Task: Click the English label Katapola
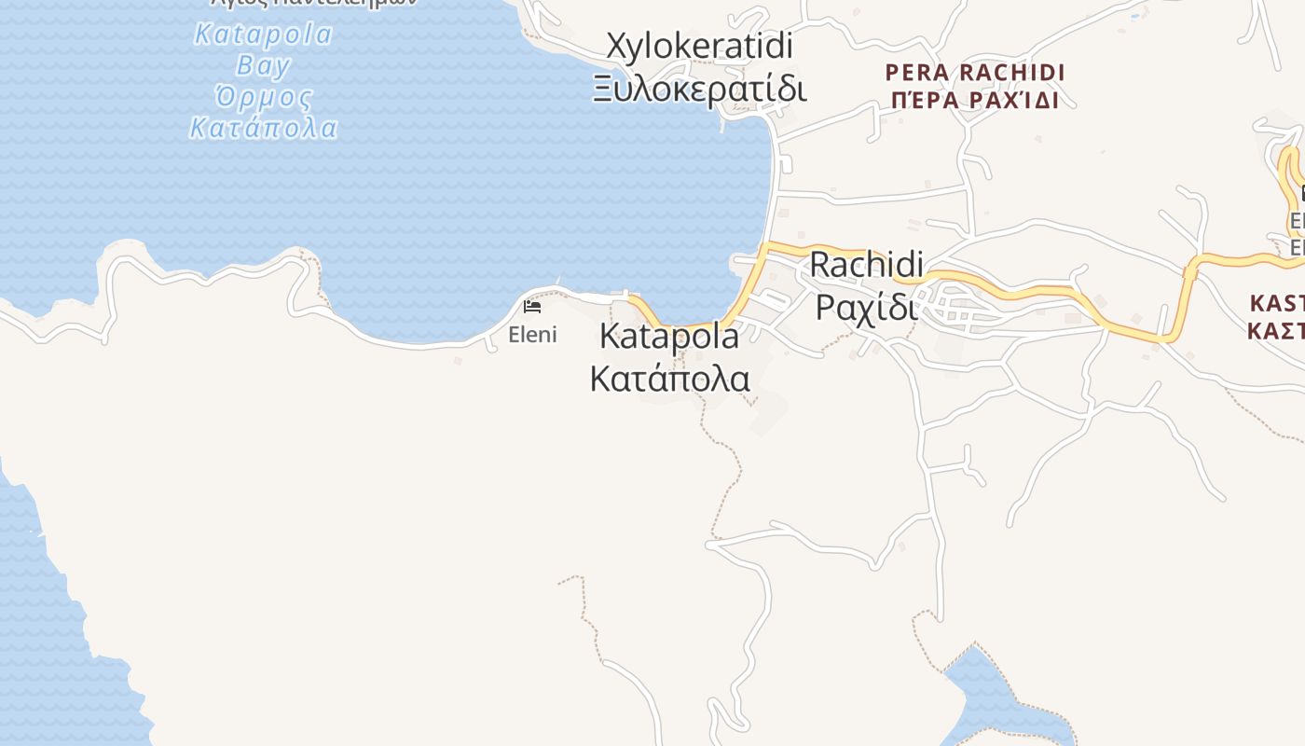[x=668, y=336]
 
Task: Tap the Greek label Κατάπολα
[x=669, y=379]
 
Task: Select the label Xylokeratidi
[x=699, y=45]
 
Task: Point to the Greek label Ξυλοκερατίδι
[x=699, y=89]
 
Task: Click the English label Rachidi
[x=866, y=264]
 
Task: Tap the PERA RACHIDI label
[x=974, y=72]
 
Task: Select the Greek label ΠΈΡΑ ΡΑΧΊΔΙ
[x=974, y=101]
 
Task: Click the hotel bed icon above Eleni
[x=532, y=306]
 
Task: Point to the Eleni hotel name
[x=532, y=335]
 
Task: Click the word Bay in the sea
[x=263, y=65]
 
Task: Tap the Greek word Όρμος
[x=263, y=96]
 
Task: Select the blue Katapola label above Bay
[x=263, y=35]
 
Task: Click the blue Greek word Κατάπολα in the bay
[x=263, y=127]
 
